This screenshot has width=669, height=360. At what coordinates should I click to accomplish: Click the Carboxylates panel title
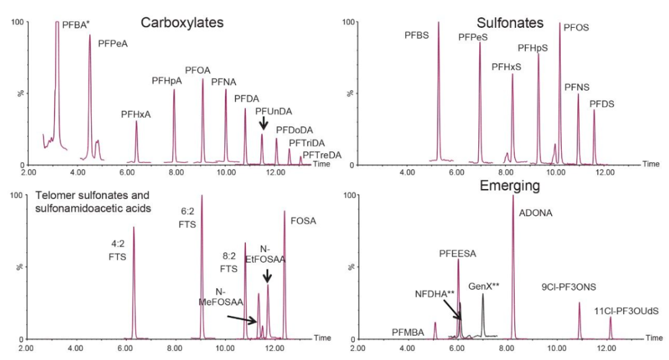(181, 23)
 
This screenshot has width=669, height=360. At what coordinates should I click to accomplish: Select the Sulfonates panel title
(510, 23)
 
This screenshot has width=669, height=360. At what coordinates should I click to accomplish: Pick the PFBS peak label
(417, 37)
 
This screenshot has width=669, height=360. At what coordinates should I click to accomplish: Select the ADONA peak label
(535, 213)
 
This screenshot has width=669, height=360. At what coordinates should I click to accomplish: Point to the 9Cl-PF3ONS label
(566, 287)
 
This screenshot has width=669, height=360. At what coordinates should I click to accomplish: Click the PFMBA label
(408, 333)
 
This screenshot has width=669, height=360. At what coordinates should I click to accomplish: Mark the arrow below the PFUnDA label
(263, 123)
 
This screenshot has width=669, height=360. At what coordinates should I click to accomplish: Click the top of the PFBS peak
(439, 23)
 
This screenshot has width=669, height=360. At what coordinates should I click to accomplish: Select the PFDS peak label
(601, 104)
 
